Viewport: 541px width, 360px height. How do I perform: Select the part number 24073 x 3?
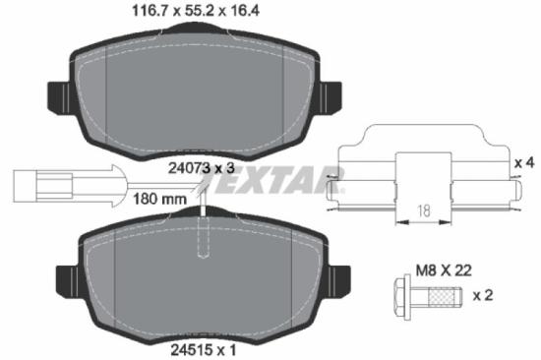coord(200,168)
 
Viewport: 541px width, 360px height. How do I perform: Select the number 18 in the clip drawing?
coord(422,210)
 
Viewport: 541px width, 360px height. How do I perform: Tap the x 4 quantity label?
coord(524,160)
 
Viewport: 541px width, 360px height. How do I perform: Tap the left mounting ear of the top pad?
coord(56,94)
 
